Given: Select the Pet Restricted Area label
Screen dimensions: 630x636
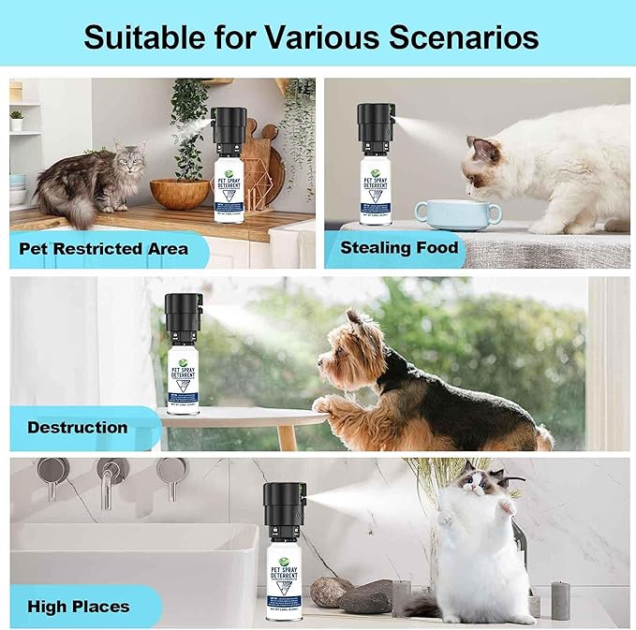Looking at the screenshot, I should tap(104, 248).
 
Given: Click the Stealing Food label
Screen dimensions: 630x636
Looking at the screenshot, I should tap(399, 247).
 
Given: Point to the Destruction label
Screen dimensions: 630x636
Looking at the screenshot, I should tap(78, 427).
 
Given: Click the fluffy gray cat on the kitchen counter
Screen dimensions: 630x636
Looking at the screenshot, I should tap(90, 183).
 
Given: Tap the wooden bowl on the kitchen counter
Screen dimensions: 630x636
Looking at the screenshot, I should tap(179, 192).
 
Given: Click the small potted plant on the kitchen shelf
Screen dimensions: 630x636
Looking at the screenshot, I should tap(16, 121).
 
